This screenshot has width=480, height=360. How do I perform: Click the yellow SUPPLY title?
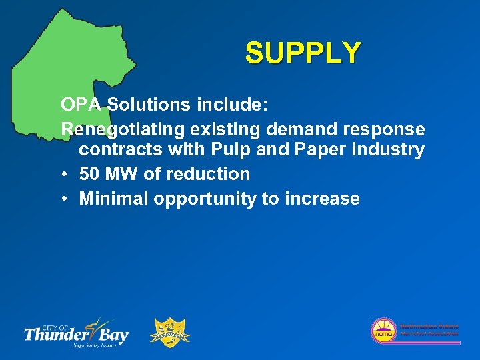coord(303,53)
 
